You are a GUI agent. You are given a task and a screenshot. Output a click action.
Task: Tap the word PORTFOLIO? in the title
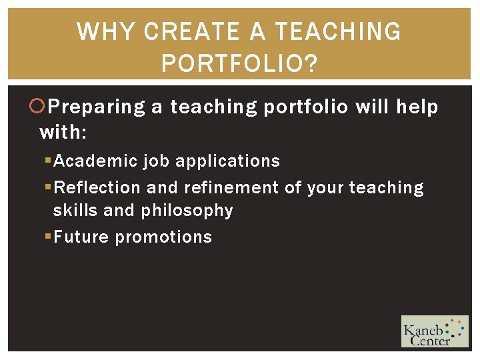click(x=240, y=65)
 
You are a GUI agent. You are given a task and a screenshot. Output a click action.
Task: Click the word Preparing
click(x=97, y=107)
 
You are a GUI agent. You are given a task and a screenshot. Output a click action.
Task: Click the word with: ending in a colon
click(x=63, y=133)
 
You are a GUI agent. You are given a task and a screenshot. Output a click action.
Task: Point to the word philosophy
click(x=187, y=211)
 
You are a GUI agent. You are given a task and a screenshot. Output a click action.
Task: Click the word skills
click(x=75, y=211)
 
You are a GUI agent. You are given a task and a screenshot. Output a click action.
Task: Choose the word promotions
click(x=163, y=237)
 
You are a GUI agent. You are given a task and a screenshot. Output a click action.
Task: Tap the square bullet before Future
click(x=48, y=237)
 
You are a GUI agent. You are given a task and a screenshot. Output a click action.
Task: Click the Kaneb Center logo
click(x=434, y=331)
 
